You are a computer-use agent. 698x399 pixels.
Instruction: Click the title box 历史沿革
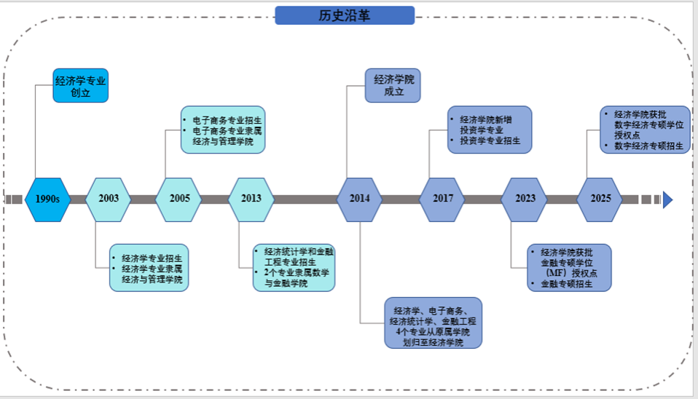tap(345, 15)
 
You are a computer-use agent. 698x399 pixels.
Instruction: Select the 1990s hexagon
tap(47, 199)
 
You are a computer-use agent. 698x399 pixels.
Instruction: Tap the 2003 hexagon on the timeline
tap(109, 199)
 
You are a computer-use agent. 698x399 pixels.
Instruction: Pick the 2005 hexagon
tap(179, 199)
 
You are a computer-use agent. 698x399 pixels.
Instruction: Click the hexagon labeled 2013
tap(251, 199)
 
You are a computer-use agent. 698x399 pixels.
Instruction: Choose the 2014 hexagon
tap(359, 199)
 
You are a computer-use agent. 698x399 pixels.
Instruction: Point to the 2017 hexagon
tap(442, 199)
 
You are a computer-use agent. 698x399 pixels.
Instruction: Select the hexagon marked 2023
tap(525, 199)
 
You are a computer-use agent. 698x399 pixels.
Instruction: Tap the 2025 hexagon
tap(600, 199)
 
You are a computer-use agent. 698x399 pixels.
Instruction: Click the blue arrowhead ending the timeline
tap(667, 199)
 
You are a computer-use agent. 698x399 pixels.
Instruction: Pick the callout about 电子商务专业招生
tap(223, 130)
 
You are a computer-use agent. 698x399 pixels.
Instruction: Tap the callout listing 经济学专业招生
tap(149, 268)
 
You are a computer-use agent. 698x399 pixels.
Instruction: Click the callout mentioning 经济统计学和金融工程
tap(294, 267)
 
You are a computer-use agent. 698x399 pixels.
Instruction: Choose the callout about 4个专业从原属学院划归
tap(433, 323)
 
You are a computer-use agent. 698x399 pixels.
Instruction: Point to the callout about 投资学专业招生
tap(490, 130)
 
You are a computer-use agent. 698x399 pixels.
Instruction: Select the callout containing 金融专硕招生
tap(569, 267)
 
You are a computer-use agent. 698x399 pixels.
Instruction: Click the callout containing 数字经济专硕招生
tap(646, 130)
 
